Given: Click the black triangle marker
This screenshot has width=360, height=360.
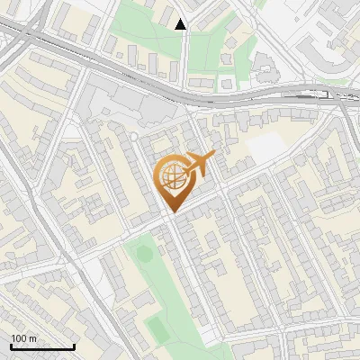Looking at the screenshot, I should [x=181, y=24].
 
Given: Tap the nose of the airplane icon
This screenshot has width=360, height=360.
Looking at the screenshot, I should [x=214, y=157].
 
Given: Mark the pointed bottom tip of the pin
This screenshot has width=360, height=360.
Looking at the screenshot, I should [x=171, y=211].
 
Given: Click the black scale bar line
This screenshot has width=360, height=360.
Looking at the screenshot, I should [x=42, y=347].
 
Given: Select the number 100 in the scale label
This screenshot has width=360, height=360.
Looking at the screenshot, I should [x=19, y=338].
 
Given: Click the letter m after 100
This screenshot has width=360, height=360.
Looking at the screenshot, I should [x=32, y=339].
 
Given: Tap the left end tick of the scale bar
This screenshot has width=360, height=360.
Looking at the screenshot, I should [x=11, y=346].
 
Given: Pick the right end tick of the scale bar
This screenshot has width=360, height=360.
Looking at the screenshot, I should [x=74, y=346].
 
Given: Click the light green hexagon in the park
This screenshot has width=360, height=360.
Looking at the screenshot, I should [x=144, y=254].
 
